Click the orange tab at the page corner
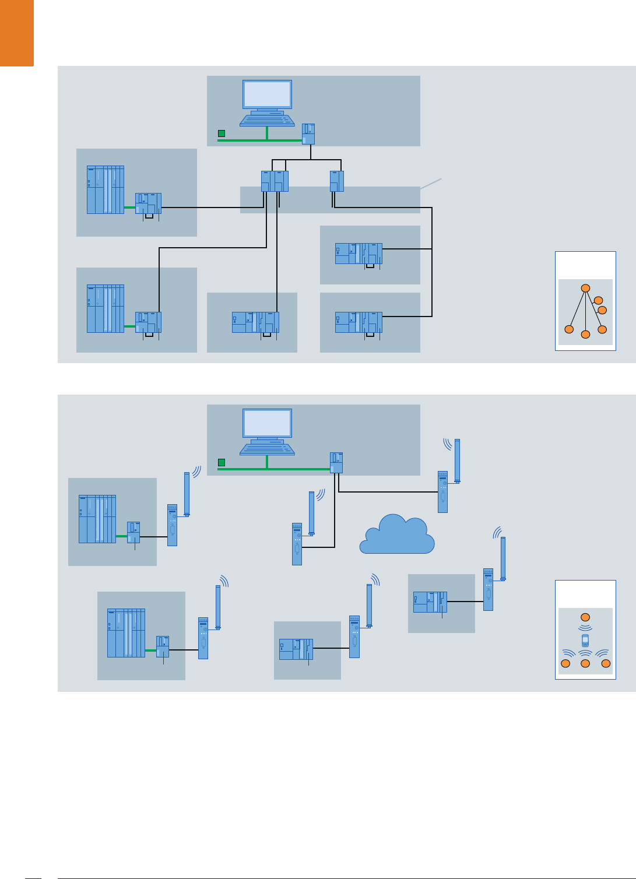coord(16,32)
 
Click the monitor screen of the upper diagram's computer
coord(267,94)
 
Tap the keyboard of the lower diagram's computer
coord(267,449)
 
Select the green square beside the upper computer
coord(222,133)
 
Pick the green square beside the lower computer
coord(222,462)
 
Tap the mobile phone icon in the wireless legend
coord(585,641)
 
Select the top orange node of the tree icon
coord(586,288)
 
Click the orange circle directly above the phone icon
coord(585,617)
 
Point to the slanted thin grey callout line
coord(431,184)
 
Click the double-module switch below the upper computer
coord(275,181)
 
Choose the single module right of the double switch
coord(336,181)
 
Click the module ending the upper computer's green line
coord(308,134)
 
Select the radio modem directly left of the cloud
coord(297,544)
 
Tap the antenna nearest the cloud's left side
coord(312,513)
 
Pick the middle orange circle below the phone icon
coord(585,663)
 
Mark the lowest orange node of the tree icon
coord(586,335)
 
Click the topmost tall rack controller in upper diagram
coord(106,190)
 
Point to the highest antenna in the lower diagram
coord(458,461)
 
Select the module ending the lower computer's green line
coord(336,463)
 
